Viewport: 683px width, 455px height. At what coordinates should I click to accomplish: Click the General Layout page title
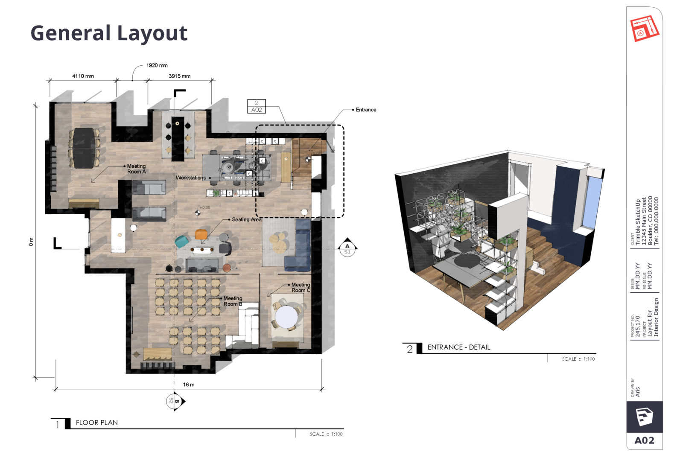coord(109,33)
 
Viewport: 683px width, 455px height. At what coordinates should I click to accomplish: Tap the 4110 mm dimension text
coord(83,76)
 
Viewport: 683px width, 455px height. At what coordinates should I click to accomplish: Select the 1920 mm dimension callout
coord(157,65)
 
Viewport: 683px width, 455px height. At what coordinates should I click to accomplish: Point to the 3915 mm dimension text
coord(179,76)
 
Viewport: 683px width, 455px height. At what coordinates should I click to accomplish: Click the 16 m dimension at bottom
coord(189,385)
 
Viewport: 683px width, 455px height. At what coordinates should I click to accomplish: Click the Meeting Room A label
coord(136,169)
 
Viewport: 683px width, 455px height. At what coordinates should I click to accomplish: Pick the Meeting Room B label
coord(233,301)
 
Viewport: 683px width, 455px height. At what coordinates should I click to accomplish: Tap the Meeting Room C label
coord(301,287)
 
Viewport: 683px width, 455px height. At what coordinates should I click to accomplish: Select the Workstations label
coord(190,178)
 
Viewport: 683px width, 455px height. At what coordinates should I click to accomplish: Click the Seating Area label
coord(246,219)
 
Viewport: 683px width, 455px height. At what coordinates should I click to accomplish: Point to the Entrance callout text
coord(366,110)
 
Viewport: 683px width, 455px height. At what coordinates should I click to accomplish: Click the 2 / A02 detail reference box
coord(257,106)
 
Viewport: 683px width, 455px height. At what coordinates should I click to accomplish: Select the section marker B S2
coord(175,401)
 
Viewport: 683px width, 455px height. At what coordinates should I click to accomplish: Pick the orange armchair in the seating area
coord(201,234)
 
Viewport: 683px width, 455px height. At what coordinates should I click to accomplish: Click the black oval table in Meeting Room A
coord(84,147)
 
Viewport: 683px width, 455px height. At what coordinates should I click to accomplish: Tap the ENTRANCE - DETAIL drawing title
coord(458,347)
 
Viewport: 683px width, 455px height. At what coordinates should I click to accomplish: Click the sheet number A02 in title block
coord(644,440)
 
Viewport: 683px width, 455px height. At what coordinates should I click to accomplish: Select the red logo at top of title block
coord(645,29)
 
